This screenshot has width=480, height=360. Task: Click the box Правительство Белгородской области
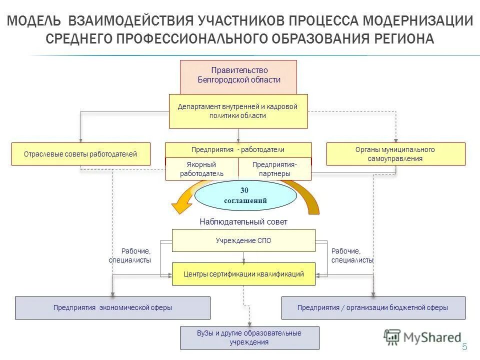point(238,75)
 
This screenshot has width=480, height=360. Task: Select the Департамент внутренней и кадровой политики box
point(238,111)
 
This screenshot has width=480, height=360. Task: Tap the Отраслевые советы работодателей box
point(80,154)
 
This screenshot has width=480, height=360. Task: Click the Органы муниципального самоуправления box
point(395,154)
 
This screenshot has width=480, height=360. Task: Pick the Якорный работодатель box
point(201,169)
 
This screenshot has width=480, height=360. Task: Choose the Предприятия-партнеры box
point(274,169)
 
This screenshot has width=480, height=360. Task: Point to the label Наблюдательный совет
point(243,221)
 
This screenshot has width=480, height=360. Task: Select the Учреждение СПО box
point(243,240)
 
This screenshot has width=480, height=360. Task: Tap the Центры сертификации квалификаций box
point(243,274)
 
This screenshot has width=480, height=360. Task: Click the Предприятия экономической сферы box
point(112,308)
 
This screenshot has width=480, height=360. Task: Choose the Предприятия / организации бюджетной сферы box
point(373,308)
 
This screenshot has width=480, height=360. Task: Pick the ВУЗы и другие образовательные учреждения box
point(249,337)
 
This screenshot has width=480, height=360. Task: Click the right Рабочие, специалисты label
point(352,256)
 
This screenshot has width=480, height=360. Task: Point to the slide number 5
point(464,347)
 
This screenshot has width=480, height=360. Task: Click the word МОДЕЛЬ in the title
point(35,21)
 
